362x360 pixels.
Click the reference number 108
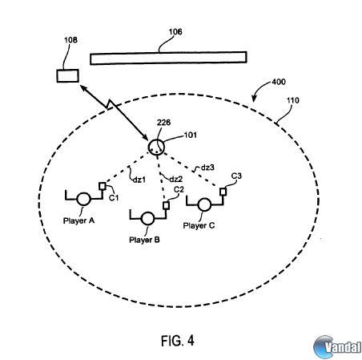point(70,40)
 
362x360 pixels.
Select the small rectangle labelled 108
point(68,75)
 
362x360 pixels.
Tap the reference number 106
point(175,32)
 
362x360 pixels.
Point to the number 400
point(279,82)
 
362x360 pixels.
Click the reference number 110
point(293,100)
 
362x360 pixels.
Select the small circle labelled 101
point(156,147)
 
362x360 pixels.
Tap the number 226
point(163,123)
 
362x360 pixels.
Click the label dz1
point(139,180)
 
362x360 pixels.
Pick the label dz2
point(176,179)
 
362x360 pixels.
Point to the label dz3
point(207,168)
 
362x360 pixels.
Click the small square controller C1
point(103,186)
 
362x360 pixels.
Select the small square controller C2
point(166,205)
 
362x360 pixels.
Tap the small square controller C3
point(223,192)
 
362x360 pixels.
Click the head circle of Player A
point(83,199)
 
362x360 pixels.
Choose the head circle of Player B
point(147,219)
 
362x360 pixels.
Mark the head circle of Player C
point(204,204)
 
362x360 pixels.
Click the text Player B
point(144,240)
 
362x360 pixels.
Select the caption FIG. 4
point(178,341)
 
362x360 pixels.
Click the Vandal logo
point(337,347)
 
